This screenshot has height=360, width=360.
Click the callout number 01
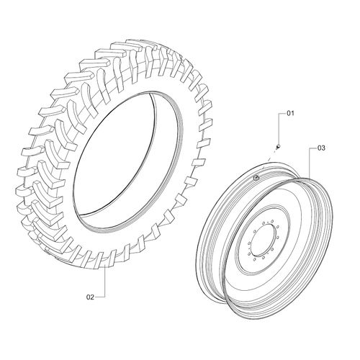tap(292, 114)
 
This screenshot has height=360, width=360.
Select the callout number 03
tap(321, 148)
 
